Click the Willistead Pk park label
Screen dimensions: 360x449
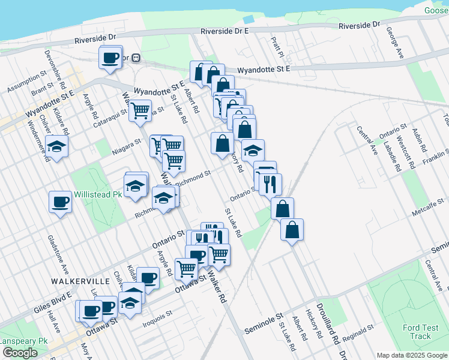(97, 195)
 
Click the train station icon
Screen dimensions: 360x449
(136, 58)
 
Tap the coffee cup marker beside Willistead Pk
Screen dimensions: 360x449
(60, 201)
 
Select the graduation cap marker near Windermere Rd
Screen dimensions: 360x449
(57, 146)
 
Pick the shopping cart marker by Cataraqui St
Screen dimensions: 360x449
(140, 110)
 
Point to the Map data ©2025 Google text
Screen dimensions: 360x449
(411, 355)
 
